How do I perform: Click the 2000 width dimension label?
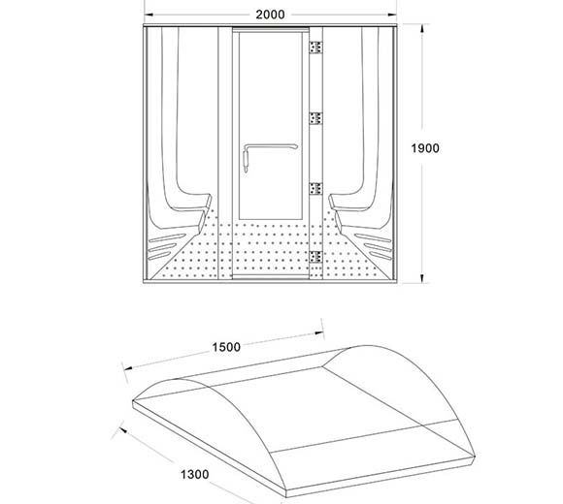point(270,15)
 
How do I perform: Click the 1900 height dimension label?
point(425,148)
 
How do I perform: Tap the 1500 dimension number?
point(226,347)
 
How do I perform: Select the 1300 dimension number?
point(194,474)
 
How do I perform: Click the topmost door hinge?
point(315,47)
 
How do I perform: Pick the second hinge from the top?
point(315,118)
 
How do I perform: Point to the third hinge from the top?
point(315,189)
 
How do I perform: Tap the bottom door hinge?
point(315,257)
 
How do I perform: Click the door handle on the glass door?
point(269,146)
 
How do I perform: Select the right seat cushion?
point(349,203)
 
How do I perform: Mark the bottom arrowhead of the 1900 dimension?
point(422,278)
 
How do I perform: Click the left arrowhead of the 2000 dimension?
point(149,15)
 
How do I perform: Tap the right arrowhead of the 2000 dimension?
point(392,15)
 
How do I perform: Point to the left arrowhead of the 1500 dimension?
point(128,367)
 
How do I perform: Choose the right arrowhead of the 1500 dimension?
point(318,333)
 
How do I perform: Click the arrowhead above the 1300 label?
point(123,429)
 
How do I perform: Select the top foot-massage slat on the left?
point(167,238)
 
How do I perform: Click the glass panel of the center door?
point(271,125)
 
